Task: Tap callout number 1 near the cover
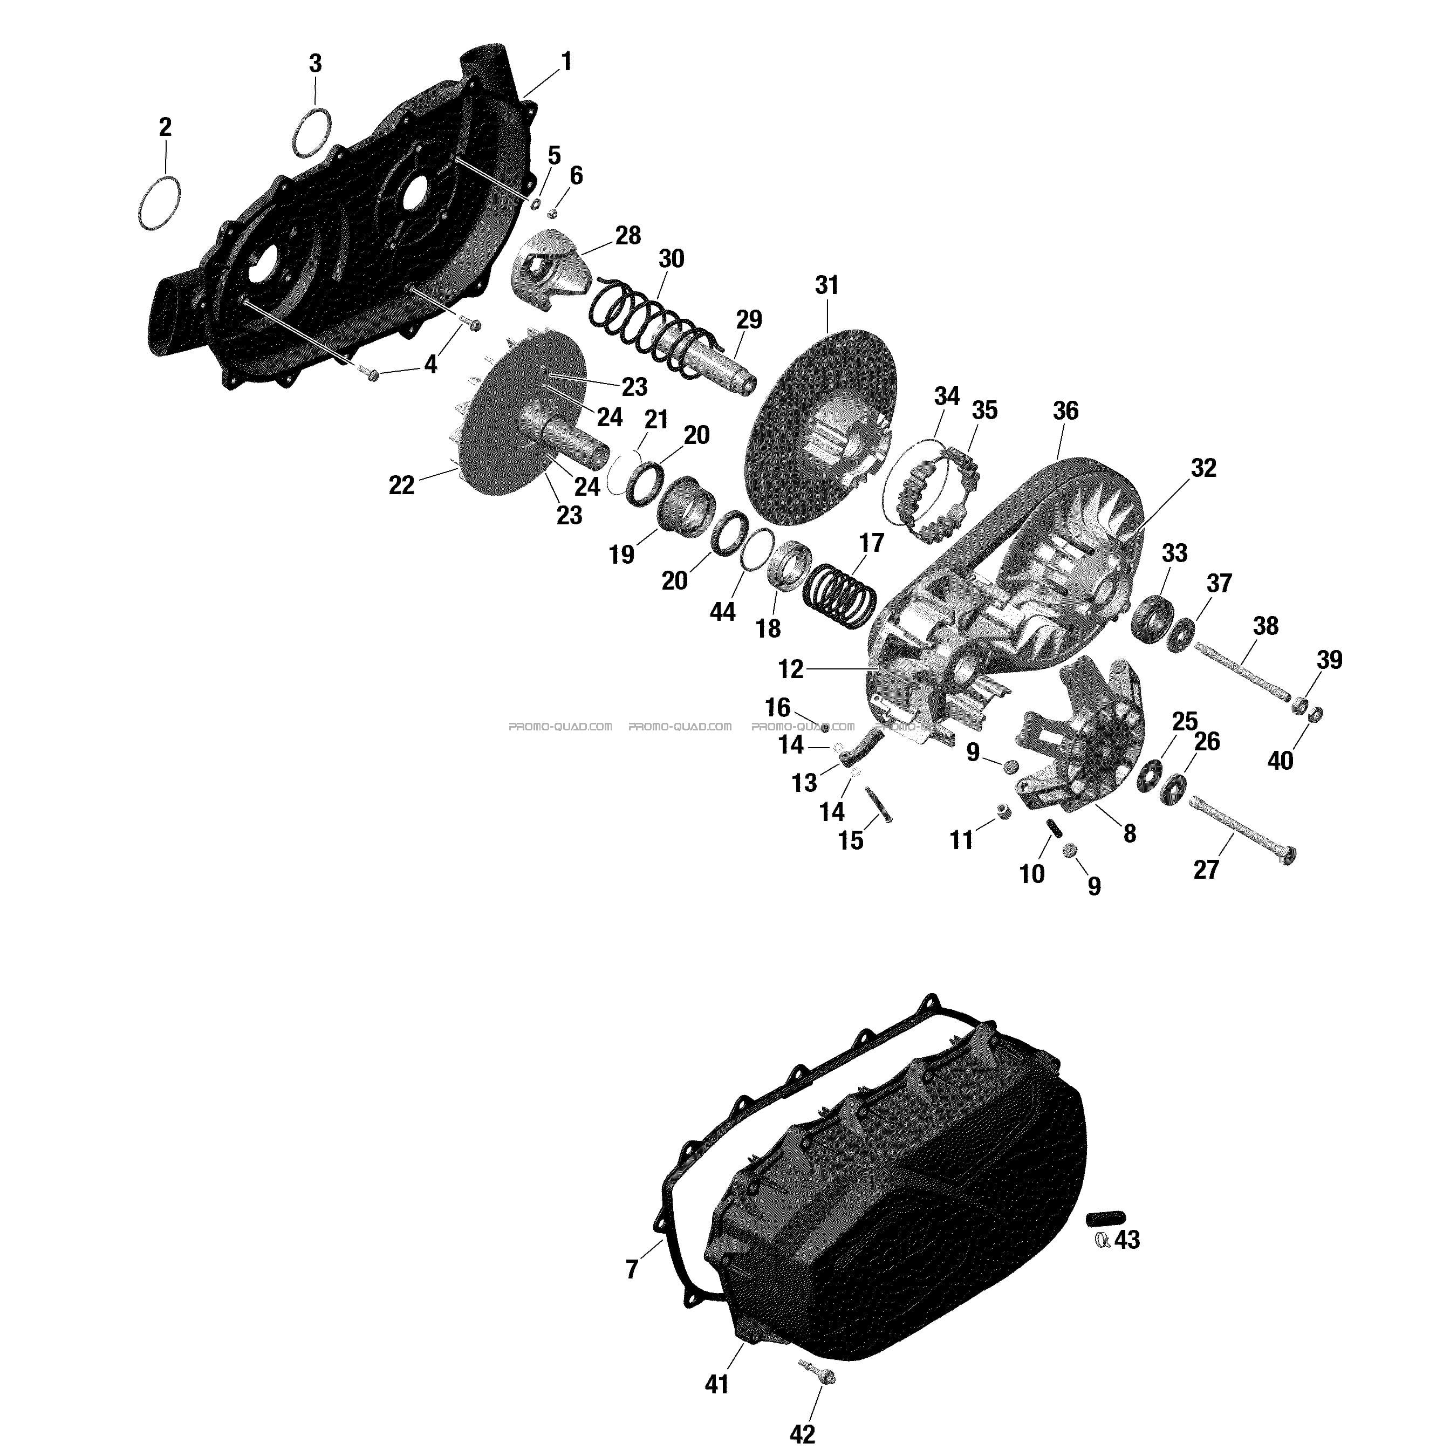click(x=566, y=61)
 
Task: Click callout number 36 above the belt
click(x=1065, y=411)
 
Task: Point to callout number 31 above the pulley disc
click(x=826, y=285)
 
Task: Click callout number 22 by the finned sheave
click(x=401, y=485)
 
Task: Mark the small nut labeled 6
click(x=552, y=214)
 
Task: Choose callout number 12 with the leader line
click(x=791, y=669)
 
